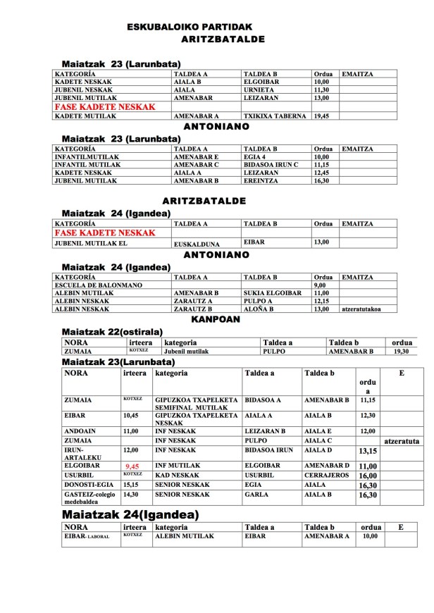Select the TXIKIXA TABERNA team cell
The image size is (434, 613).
pos(274,115)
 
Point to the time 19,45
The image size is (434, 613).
pos(321,115)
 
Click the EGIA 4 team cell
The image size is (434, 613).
pos(256,156)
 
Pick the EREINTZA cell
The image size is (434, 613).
pos(260,180)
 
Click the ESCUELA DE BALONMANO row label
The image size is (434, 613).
pos(98,285)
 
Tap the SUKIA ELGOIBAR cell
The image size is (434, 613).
pos(272,292)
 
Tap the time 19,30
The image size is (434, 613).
pos(401,350)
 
